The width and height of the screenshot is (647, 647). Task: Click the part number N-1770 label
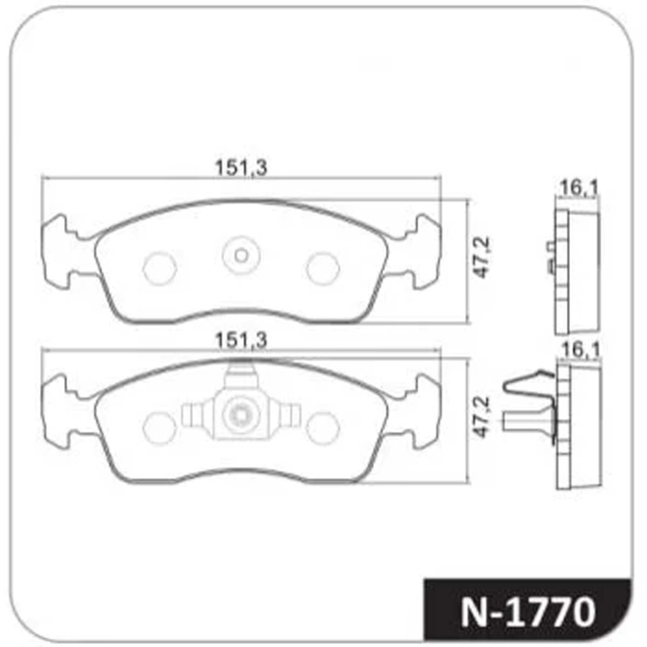[x=528, y=612]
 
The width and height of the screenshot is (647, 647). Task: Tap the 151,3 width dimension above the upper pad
[x=241, y=168]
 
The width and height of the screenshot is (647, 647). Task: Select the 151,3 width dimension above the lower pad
[x=241, y=340]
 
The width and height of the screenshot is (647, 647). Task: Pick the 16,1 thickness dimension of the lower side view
[x=580, y=349]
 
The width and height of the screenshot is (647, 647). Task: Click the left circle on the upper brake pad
[x=160, y=269]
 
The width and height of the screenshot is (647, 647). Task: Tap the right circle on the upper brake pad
[x=323, y=269]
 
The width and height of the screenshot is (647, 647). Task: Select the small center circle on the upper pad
[x=241, y=256]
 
